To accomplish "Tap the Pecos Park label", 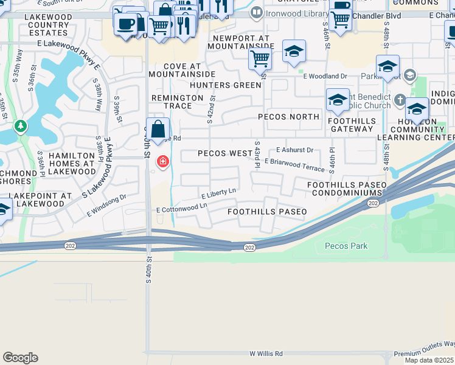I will pyautogui.click(x=346, y=246).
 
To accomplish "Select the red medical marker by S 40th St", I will pyautogui.click(x=162, y=161).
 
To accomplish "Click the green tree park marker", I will pyautogui.click(x=21, y=126).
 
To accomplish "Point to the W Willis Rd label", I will pyautogui.click(x=266, y=353).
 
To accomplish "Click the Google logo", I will pyautogui.click(x=20, y=358).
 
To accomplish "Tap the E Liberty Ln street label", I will pyautogui.click(x=218, y=193).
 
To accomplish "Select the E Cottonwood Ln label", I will pyautogui.click(x=181, y=209).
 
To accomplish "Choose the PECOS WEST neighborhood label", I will pyautogui.click(x=225, y=154).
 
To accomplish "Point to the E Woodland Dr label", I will pyautogui.click(x=325, y=76).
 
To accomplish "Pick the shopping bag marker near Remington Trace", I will pyautogui.click(x=158, y=129).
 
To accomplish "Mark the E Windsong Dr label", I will pyautogui.click(x=106, y=204).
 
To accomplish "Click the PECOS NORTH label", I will pyautogui.click(x=289, y=116).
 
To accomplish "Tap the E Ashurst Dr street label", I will pyautogui.click(x=294, y=150).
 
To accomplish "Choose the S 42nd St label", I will pyautogui.click(x=211, y=108).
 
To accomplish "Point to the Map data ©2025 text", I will pyautogui.click(x=429, y=360).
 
